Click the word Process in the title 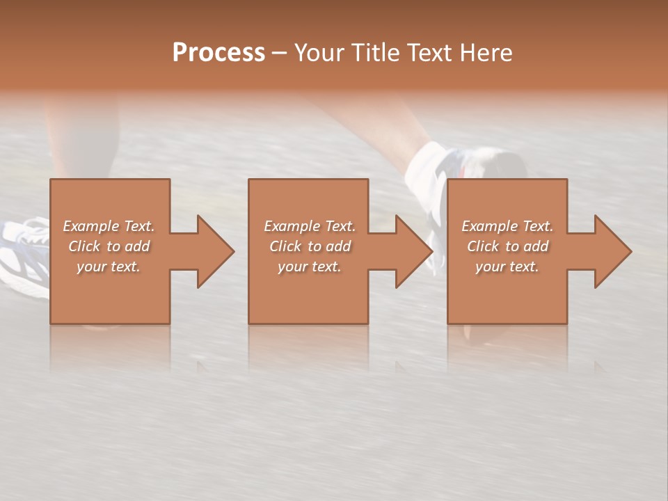[x=218, y=53]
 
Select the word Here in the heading [x=486, y=53]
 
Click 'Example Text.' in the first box [x=109, y=226]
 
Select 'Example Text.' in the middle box [x=309, y=226]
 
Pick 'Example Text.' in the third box [x=507, y=226]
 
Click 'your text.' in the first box [x=109, y=267]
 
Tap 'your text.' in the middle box [x=309, y=267]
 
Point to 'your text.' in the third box [x=507, y=267]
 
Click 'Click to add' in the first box [x=109, y=246]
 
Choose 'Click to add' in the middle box [x=309, y=246]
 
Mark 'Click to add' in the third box [x=507, y=246]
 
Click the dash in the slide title [x=279, y=53]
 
